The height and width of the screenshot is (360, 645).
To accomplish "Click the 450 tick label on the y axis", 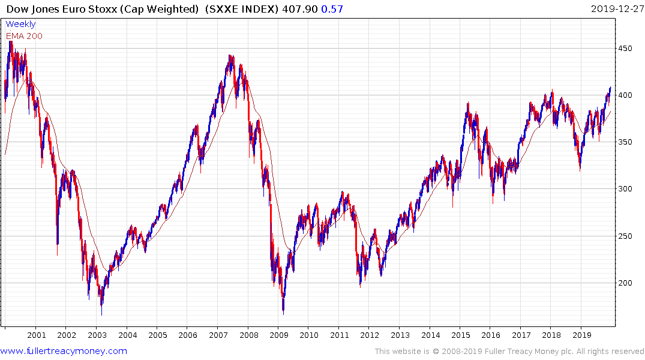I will [626, 49].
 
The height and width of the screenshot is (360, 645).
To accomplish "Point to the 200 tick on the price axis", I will [626, 283].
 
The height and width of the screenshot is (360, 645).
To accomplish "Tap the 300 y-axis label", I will [626, 189].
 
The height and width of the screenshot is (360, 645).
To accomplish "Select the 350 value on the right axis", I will [626, 142].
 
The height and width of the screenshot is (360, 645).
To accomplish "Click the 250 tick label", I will [626, 236].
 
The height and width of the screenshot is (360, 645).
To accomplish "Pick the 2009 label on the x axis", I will [278, 335].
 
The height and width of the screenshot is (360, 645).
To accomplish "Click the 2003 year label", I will [97, 335].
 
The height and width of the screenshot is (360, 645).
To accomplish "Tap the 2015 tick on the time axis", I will [460, 335].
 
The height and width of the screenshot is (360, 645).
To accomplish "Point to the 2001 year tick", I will [36, 335].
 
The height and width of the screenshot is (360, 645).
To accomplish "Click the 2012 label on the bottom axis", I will [369, 335].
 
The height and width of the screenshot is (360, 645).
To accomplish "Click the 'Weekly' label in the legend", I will [20, 24].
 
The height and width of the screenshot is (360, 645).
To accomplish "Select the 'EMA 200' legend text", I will [24, 36].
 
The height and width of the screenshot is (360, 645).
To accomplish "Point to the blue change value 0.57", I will [329, 8].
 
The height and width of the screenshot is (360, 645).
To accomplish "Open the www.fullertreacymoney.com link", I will [64, 351].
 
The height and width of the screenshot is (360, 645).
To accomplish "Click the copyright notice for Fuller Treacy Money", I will [509, 352].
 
